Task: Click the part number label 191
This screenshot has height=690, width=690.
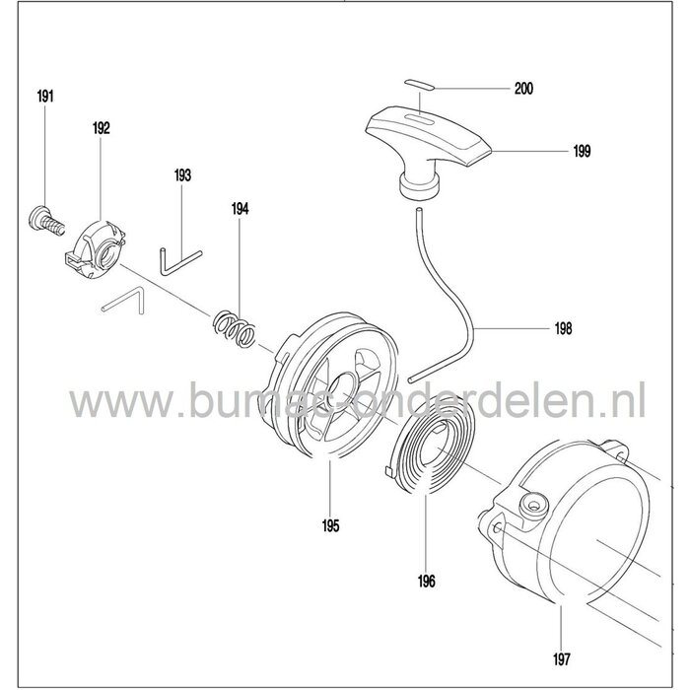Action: [x=45, y=96]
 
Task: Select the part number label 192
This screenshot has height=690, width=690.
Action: [x=101, y=128]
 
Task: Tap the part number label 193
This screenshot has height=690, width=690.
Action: [x=181, y=175]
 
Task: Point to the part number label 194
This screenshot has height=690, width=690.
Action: [x=240, y=209]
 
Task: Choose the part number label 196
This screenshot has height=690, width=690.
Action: [x=427, y=582]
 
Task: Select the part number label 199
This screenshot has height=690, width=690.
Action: [x=581, y=151]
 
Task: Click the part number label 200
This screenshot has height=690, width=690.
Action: [x=523, y=90]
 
